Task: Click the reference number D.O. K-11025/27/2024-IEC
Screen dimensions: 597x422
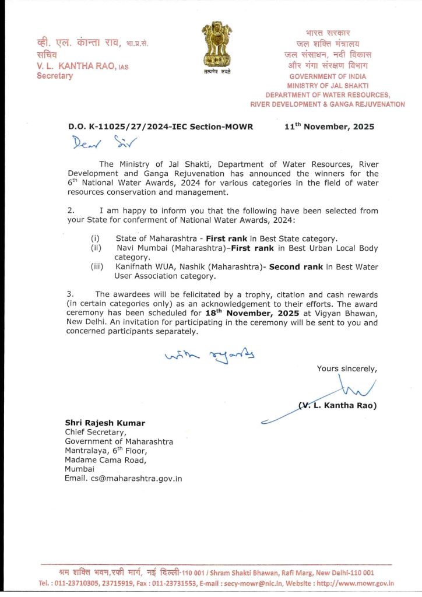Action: tap(161, 127)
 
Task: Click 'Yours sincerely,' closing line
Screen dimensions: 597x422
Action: tap(346, 368)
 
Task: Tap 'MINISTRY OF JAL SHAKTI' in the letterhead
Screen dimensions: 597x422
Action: tap(328, 86)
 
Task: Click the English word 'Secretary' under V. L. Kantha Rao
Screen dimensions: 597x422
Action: tap(55, 76)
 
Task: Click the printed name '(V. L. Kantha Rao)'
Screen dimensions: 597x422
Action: tap(337, 406)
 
